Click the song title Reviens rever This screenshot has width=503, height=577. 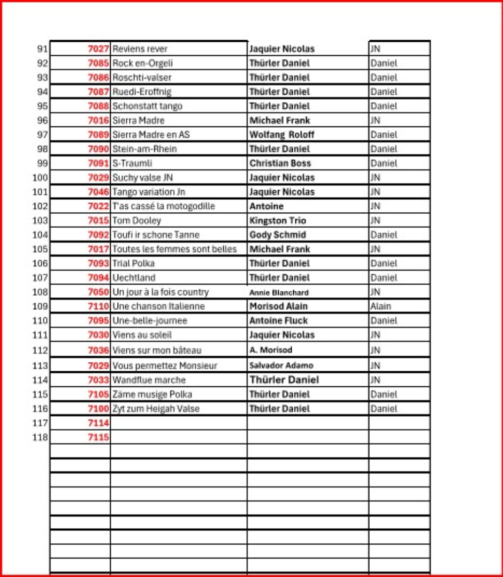tap(140, 49)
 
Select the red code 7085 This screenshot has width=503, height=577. tap(99, 63)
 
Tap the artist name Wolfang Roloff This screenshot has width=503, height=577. tap(282, 135)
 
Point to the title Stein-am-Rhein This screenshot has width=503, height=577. tap(144, 149)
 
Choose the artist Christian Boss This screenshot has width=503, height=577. tap(280, 163)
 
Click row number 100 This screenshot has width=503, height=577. tap(40, 178)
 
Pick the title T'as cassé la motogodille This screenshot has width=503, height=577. tap(163, 206)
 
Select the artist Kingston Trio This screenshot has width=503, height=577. tap(278, 220)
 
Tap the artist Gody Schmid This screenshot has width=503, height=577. tap(278, 235)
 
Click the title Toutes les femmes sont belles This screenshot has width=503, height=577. tap(174, 249)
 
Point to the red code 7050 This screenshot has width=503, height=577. tap(99, 292)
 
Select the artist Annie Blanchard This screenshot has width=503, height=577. tap(279, 293)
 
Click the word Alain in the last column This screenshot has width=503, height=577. tap(380, 306)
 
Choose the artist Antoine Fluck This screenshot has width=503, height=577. tap(279, 320)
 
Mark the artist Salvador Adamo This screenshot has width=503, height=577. tap(281, 365)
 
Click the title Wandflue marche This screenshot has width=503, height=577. tap(149, 380)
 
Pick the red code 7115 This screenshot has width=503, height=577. tap(99, 437)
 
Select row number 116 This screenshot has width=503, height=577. tap(40, 408)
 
